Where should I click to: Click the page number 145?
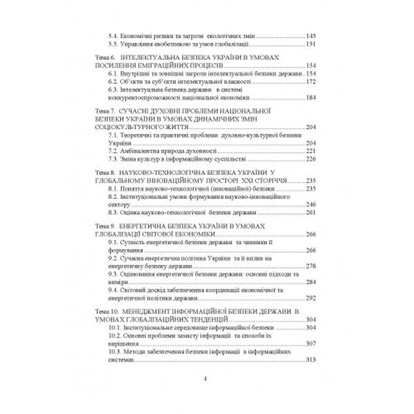[x=310, y=35]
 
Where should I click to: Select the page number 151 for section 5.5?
[x=310, y=43]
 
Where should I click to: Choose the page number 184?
[x=310, y=97]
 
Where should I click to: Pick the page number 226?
[x=310, y=159]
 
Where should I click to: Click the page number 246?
[x=310, y=206]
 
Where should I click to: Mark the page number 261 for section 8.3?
[x=310, y=214]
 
